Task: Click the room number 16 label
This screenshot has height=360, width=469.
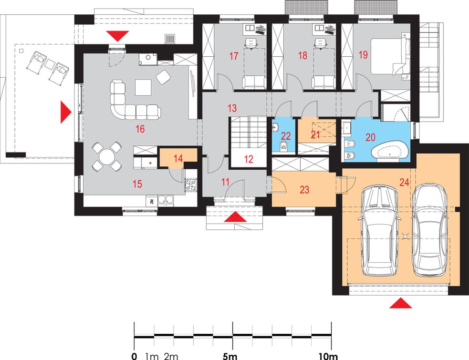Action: [x=140, y=129]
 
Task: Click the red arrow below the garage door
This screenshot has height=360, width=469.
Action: [x=400, y=303]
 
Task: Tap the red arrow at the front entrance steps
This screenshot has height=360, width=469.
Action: [x=235, y=216]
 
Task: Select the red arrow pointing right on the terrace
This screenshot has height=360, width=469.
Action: [x=66, y=112]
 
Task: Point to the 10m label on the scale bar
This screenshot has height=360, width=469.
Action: [x=328, y=356]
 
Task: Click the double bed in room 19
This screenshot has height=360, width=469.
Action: [x=390, y=56]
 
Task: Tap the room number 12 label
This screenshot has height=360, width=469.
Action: [x=249, y=159]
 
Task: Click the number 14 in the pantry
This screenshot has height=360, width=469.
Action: [x=178, y=158]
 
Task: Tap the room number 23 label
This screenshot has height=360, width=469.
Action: [x=304, y=190]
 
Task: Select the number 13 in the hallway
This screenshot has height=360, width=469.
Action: [x=232, y=108]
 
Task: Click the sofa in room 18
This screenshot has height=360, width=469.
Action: [x=323, y=82]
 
